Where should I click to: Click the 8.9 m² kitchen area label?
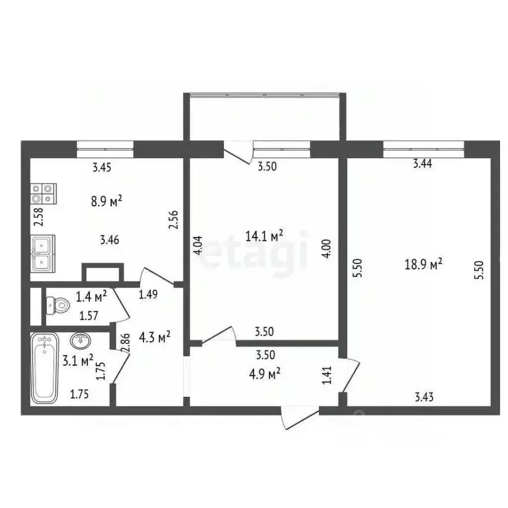[106, 201]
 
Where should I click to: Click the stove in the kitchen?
[42, 192]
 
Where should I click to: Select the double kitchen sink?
[43, 253]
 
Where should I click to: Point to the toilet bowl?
[57, 305]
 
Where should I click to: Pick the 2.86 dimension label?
[125, 343]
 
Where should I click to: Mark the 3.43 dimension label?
[425, 397]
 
